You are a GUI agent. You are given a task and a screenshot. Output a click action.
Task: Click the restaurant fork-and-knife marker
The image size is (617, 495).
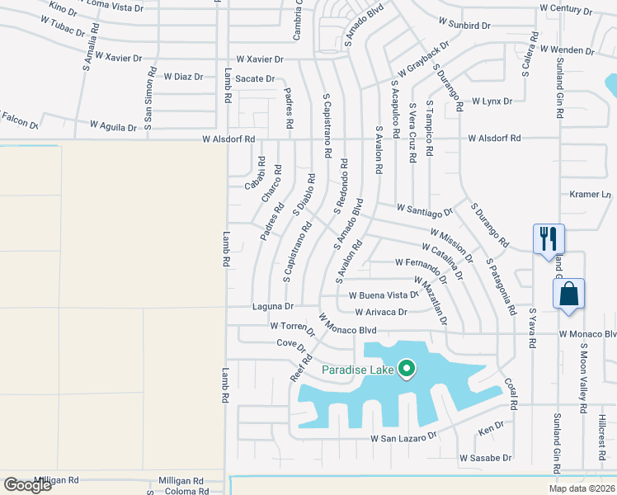(549, 239)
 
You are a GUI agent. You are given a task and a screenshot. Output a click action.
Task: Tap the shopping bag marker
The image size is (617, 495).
(569, 294)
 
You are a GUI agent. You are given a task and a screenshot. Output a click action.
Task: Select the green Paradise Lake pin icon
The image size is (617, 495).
(406, 369)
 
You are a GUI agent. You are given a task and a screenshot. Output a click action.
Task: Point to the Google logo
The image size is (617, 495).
(28, 485)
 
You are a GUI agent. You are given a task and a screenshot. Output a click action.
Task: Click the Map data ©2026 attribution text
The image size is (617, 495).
(582, 488)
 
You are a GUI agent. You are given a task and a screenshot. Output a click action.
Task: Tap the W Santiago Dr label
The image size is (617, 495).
(424, 211)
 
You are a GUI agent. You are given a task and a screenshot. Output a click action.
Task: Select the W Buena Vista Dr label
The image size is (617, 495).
(384, 295)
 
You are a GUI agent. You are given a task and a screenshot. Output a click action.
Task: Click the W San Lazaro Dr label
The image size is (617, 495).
(403, 437)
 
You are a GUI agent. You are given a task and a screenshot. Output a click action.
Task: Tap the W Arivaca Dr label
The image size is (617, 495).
(381, 313)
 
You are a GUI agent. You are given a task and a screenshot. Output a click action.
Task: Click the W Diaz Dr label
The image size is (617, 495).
(182, 77)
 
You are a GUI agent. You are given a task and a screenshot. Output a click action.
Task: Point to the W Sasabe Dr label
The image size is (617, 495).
(486, 458)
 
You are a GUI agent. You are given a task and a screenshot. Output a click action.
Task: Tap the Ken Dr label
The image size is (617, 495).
(491, 431)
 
